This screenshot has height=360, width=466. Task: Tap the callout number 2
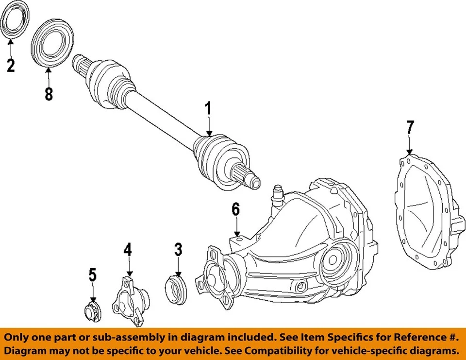click(10, 65)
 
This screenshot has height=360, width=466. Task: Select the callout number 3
click(178, 250)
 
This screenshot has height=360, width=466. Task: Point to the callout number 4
click(127, 250)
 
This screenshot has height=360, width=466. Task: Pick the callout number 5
click(92, 275)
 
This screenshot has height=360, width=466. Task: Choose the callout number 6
click(235, 209)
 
